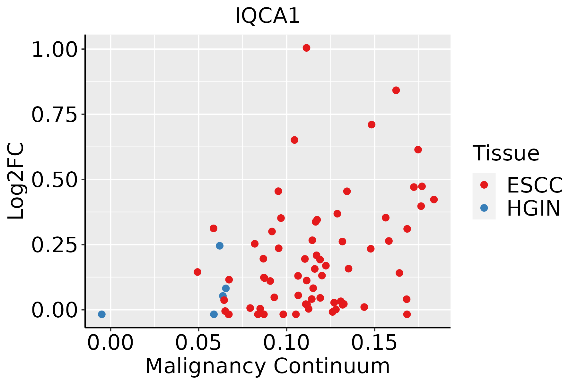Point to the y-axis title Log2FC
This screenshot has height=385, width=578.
click(16, 181)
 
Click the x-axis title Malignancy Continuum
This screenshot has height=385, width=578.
click(267, 366)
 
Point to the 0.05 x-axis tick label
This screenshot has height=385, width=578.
click(198, 343)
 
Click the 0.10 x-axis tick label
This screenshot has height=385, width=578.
click(286, 343)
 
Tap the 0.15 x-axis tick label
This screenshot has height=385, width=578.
click(374, 343)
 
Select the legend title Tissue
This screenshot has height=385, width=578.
click(506, 153)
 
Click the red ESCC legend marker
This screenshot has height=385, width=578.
click(484, 185)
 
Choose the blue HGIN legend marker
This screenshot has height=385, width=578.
click(484, 208)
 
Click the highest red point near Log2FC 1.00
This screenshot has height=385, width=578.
click(307, 48)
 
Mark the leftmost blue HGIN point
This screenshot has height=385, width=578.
click(102, 314)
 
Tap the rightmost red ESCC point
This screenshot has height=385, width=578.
click(434, 200)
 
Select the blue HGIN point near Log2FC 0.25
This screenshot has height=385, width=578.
click(220, 246)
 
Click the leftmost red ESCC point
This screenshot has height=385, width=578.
click(197, 272)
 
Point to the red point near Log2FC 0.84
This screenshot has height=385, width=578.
click(396, 90)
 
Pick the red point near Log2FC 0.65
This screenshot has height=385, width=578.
click(294, 140)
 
